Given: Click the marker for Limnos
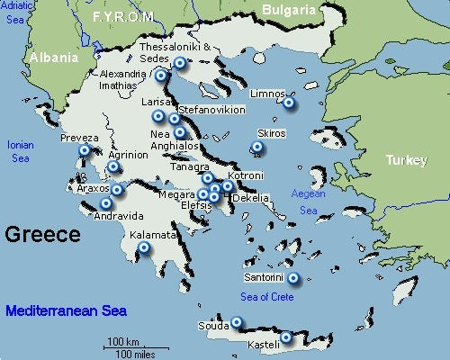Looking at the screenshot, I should coord(289,103).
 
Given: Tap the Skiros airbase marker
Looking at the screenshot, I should coord(257,147).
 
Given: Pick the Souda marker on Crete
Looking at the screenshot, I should coord(237,322).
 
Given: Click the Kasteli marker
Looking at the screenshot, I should coord(286,338).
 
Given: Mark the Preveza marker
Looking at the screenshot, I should coord(85,151).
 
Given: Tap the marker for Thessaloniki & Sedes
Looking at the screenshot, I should coord(179,63).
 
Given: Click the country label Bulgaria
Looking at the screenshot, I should coord(290,10).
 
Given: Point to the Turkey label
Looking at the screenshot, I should coord(405,159).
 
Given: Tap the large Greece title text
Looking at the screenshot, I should coord(42,235).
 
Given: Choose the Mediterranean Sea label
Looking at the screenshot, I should coord(66,311).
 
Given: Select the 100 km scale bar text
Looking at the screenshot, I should coord(122,341).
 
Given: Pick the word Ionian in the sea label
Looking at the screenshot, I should coord(20,144).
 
